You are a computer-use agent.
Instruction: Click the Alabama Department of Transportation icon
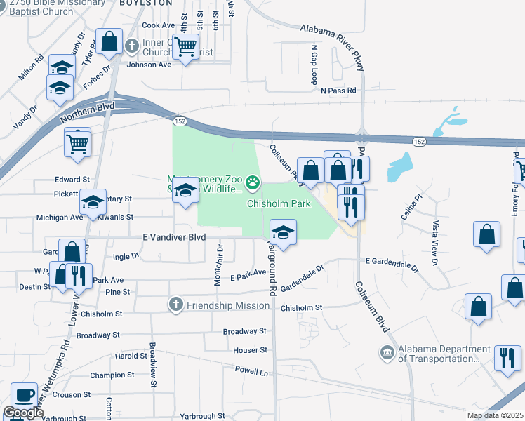[387, 352]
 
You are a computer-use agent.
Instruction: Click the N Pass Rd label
[339, 91]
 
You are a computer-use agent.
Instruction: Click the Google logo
[24, 413]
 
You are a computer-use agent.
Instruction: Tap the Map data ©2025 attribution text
[495, 415]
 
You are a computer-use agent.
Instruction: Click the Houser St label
[251, 349]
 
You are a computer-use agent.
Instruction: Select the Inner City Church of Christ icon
[131, 47]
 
